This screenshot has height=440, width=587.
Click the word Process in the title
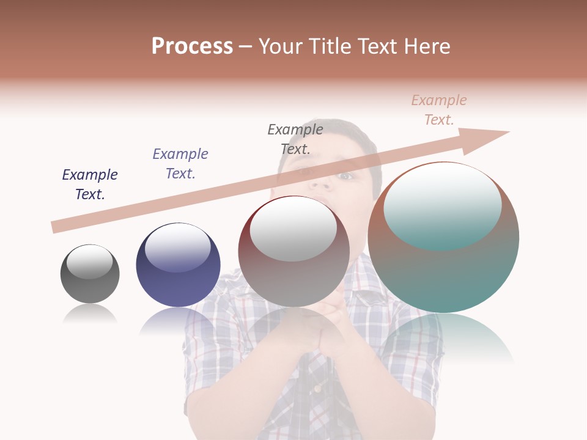[x=192, y=46]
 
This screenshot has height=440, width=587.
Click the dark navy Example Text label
[x=90, y=185]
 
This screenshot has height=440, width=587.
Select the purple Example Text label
[x=180, y=164]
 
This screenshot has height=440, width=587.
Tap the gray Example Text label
[x=295, y=139]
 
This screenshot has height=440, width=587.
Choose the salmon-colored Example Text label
[x=439, y=110]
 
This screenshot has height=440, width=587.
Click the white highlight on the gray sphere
[x=90, y=262]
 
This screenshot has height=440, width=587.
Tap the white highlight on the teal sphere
[x=443, y=205]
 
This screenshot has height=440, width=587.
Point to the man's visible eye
[x=346, y=176]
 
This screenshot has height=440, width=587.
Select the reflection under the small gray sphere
[x=90, y=314]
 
